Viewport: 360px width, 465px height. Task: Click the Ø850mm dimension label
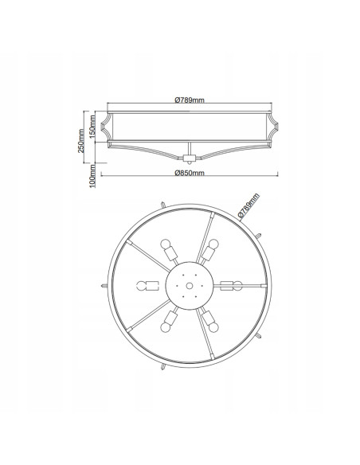point(190,173)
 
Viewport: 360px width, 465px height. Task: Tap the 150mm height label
point(92,127)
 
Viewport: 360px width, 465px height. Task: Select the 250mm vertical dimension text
point(81,141)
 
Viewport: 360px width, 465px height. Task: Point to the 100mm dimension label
point(92,176)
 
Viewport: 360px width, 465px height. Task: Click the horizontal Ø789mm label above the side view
point(190,100)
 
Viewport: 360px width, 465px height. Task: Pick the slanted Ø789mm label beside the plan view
point(248,205)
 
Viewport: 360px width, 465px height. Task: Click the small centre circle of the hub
point(190,286)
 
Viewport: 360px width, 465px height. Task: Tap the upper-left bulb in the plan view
point(166,244)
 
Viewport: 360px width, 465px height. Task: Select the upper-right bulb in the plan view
point(213,244)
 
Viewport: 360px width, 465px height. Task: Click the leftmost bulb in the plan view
point(142,286)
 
